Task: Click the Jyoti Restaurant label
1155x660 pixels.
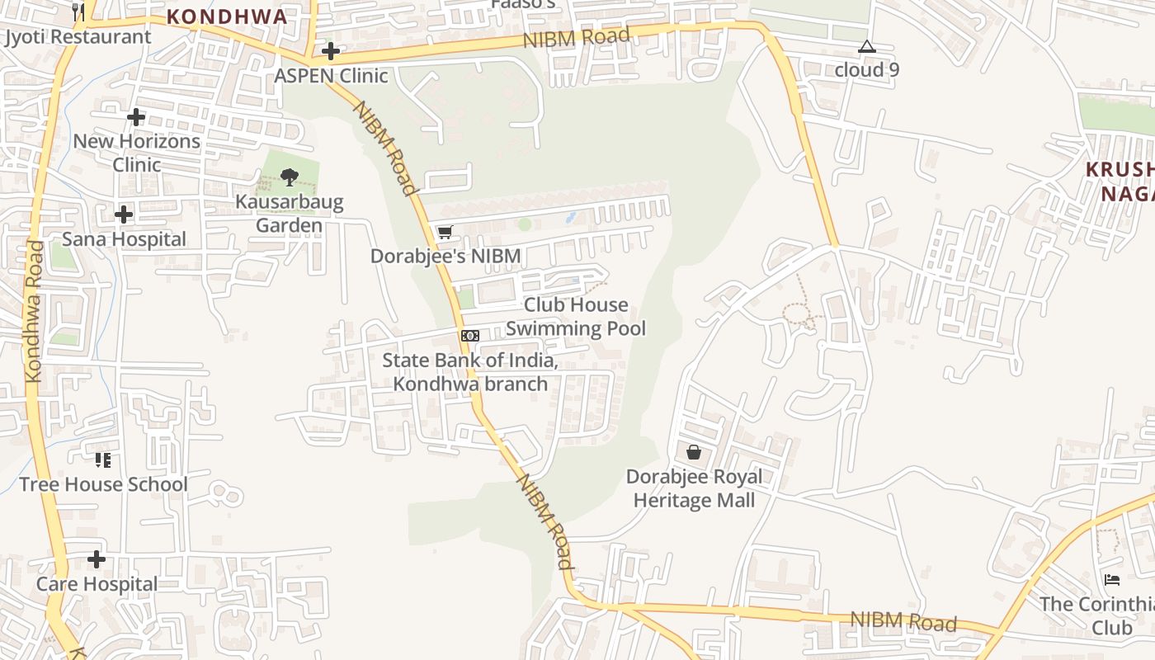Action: point(78,37)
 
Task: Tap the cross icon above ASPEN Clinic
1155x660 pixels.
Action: point(331,52)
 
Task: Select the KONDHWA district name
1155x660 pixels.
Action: point(227,16)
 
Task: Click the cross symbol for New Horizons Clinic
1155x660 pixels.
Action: point(136,117)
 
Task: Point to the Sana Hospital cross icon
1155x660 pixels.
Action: point(124,215)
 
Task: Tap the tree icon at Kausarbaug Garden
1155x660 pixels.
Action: point(289,177)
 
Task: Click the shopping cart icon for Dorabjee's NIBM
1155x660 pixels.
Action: point(445,232)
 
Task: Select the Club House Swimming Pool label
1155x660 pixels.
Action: point(576,317)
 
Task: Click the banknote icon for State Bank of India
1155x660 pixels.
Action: point(469,335)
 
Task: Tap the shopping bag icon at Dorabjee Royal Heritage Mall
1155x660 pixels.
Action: point(694,452)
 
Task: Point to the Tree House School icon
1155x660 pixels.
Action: point(103,460)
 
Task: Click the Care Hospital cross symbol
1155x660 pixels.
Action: point(97,559)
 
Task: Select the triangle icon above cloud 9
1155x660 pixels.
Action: point(866,47)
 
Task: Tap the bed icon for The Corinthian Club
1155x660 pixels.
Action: point(1111,579)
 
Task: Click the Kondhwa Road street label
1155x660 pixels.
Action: point(34,312)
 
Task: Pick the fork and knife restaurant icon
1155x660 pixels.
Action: point(78,12)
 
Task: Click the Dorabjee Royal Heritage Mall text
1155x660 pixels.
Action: point(694,488)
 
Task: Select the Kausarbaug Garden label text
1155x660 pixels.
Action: point(289,214)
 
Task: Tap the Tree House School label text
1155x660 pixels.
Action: point(103,484)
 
